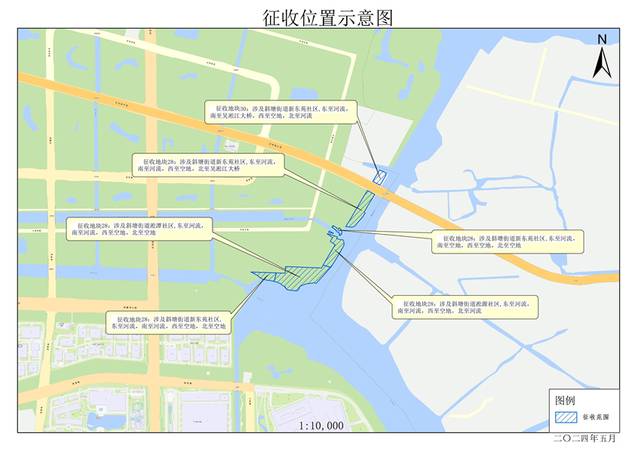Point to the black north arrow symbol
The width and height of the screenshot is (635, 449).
click(601, 62)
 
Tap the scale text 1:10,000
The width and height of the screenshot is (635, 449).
click(321, 426)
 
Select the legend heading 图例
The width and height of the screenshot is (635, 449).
click(566, 400)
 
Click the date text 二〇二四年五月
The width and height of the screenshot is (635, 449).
click(585, 438)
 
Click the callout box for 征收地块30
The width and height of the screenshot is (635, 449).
click(279, 112)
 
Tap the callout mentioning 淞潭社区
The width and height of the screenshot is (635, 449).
click(139, 229)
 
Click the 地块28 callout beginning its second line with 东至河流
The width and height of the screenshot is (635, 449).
click(169, 323)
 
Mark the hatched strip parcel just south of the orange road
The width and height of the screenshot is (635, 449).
click(360, 208)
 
